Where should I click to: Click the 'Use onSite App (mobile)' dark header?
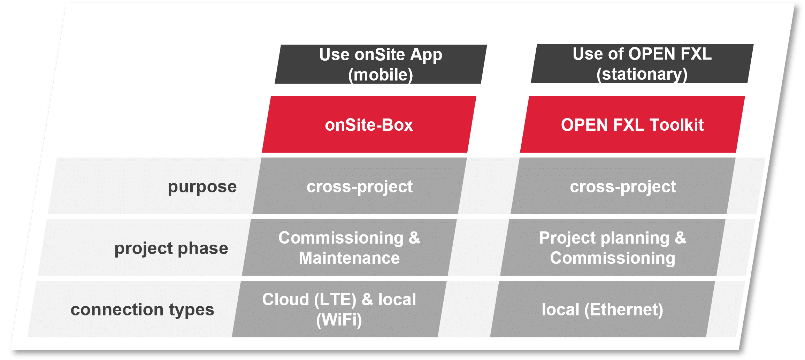(381, 64)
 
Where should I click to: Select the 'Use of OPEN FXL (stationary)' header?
(642, 63)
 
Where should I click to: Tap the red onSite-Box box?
(369, 124)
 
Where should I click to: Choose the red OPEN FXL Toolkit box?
(632, 124)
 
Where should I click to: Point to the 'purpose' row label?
(202, 187)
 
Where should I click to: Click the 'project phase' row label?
(171, 248)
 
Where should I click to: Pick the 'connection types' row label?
(142, 310)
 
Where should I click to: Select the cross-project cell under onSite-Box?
(360, 186)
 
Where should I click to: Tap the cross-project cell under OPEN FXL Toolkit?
(623, 186)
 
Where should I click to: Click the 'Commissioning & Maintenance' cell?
(349, 247)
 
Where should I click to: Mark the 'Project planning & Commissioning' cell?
(613, 247)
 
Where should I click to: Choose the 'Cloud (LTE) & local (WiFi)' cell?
(339, 309)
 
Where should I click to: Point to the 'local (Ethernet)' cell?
(603, 309)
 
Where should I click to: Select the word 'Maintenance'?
(349, 258)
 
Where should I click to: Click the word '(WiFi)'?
(339, 320)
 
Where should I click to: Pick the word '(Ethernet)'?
(624, 310)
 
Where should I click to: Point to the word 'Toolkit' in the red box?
(677, 125)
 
